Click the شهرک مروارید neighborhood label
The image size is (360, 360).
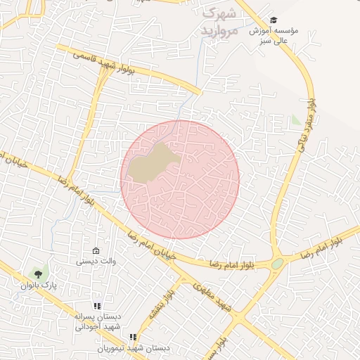(220, 22)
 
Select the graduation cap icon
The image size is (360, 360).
(273, 20)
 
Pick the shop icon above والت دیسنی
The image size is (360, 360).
(96, 251)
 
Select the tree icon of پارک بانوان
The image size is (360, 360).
(37, 272)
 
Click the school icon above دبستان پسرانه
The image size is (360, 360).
(97, 306)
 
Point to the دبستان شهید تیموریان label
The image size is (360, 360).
(134, 348)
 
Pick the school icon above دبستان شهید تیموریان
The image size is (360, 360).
(134, 337)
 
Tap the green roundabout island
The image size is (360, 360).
(278, 264)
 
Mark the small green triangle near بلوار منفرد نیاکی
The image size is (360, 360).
(296, 121)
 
